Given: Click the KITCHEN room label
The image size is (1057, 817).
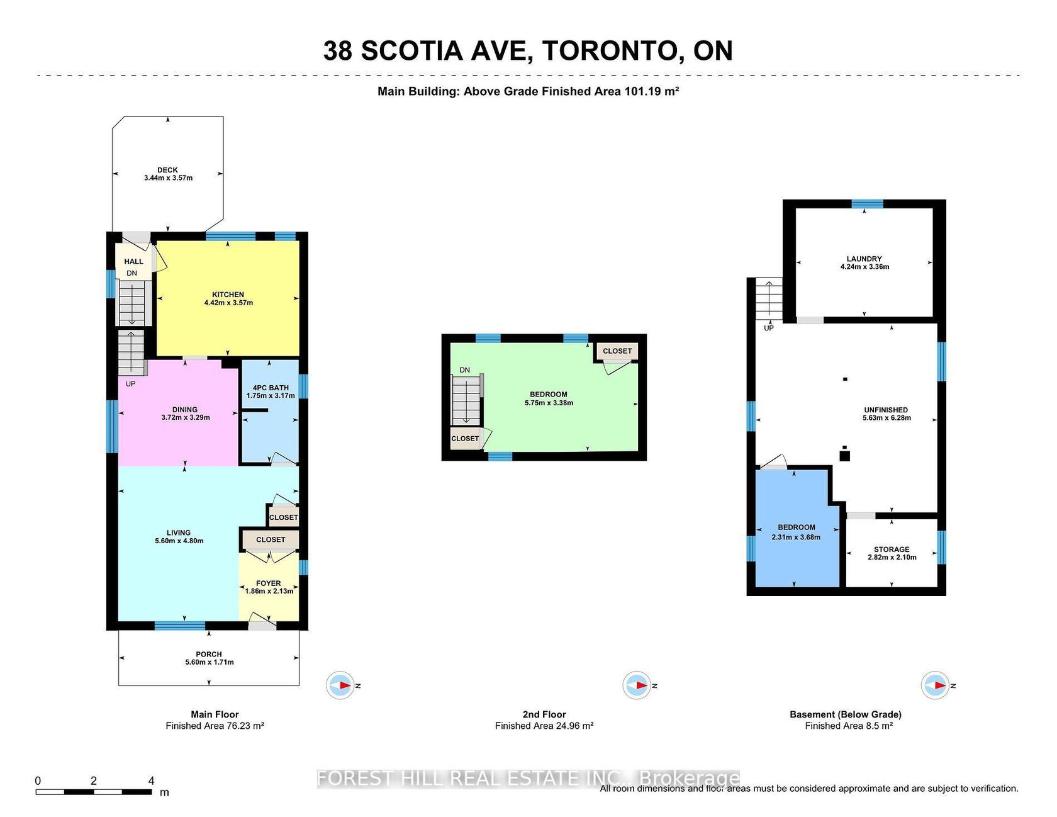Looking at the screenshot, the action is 228,295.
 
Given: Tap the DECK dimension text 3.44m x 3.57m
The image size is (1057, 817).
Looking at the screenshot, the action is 168,178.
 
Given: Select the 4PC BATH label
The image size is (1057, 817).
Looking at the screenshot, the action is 271,388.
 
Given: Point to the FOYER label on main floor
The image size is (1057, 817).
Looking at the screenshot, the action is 269,583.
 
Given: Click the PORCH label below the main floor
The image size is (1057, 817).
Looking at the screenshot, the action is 209,654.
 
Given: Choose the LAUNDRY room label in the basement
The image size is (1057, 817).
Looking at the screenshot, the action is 864,259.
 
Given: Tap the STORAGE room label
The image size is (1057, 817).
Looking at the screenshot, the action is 892,549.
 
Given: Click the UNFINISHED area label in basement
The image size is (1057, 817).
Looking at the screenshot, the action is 886,410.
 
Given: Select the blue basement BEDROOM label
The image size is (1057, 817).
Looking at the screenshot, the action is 797,527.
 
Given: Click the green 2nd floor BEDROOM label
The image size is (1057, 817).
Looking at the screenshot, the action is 549,395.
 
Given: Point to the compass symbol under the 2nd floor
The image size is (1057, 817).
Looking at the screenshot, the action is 637,685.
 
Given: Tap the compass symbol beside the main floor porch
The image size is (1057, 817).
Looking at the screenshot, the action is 340,685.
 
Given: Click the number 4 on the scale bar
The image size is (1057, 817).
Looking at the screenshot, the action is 151,780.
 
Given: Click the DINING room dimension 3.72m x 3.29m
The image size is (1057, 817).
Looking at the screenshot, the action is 186,417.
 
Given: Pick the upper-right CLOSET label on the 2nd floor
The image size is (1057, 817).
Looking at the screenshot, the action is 617,351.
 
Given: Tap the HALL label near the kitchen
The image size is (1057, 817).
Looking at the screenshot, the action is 133,261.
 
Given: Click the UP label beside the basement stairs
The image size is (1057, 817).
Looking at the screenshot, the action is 769,328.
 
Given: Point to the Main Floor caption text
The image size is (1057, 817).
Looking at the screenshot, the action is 215,714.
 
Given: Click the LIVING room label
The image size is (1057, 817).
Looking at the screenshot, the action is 179,532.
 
